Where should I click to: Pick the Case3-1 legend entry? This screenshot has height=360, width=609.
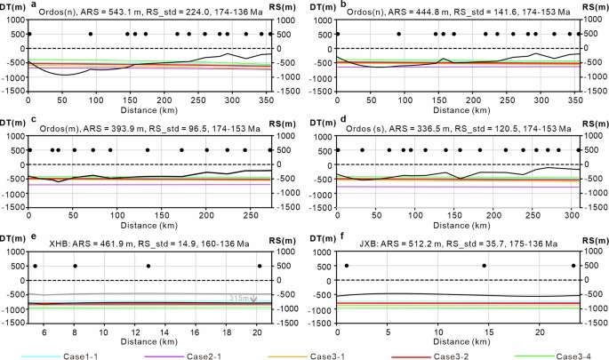[x=331, y=356]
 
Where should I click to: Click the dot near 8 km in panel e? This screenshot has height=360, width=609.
[x=76, y=266]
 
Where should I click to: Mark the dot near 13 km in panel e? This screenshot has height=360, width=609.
[x=148, y=266]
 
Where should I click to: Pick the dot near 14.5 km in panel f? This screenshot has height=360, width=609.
[x=484, y=266]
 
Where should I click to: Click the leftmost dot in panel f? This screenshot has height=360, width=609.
[x=347, y=266]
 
